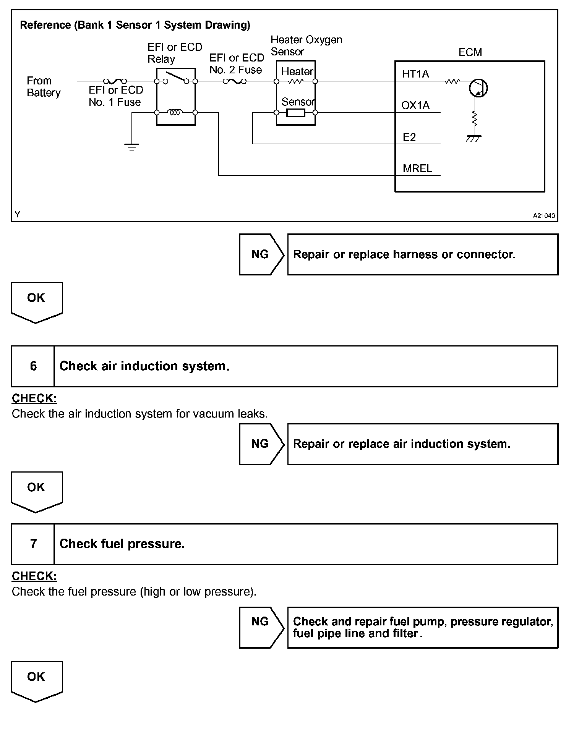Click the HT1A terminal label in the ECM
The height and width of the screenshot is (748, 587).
(x=415, y=74)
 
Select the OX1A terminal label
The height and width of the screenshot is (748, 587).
(x=415, y=105)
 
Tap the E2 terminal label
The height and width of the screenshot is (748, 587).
(x=409, y=137)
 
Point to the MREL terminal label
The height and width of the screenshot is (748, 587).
(x=417, y=168)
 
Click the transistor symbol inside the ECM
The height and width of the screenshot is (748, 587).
(x=478, y=89)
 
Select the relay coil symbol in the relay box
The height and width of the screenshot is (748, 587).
(x=175, y=112)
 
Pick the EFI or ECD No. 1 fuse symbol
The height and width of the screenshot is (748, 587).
(x=115, y=81)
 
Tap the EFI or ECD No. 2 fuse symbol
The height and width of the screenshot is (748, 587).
(x=235, y=81)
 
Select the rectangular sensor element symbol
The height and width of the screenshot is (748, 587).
(x=296, y=113)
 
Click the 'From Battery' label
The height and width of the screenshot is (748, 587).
(x=44, y=87)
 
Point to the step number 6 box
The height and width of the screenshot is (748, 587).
(x=33, y=366)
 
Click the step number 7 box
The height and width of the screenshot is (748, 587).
(x=33, y=544)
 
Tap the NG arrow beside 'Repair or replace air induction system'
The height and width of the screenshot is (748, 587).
(x=261, y=444)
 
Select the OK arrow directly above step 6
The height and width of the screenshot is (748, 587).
(x=37, y=302)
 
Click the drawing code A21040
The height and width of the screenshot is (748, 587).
(x=544, y=216)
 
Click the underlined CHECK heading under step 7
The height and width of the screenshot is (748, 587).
(x=34, y=576)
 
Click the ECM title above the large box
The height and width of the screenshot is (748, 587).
(x=470, y=52)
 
